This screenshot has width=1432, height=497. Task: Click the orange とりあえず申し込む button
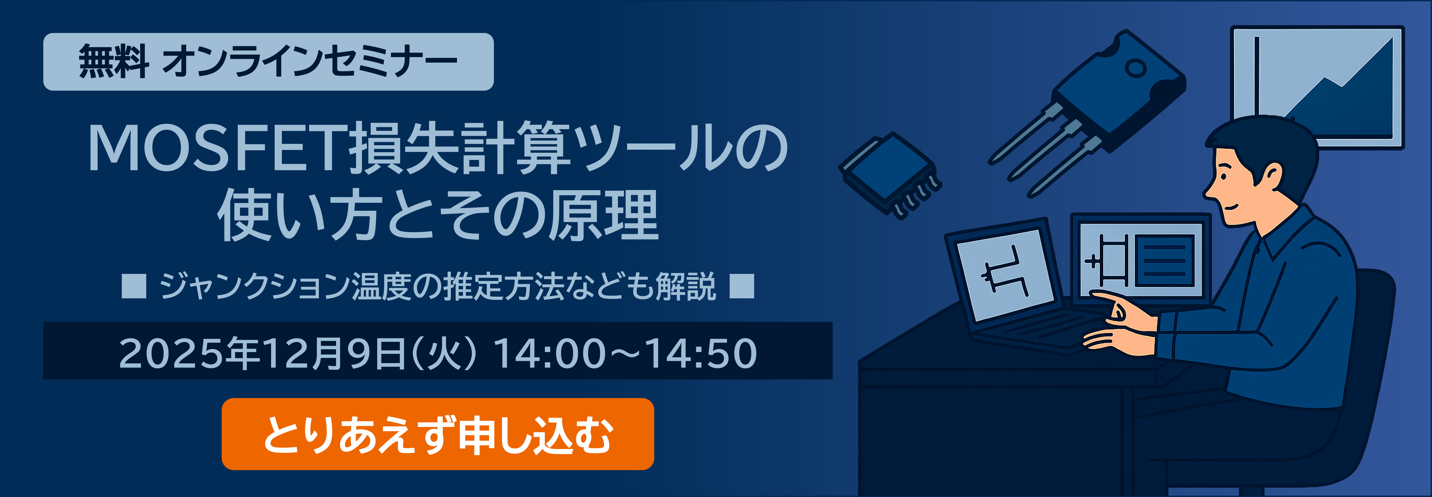tap(438, 434)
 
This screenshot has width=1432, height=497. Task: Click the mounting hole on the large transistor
tap(1136, 68)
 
